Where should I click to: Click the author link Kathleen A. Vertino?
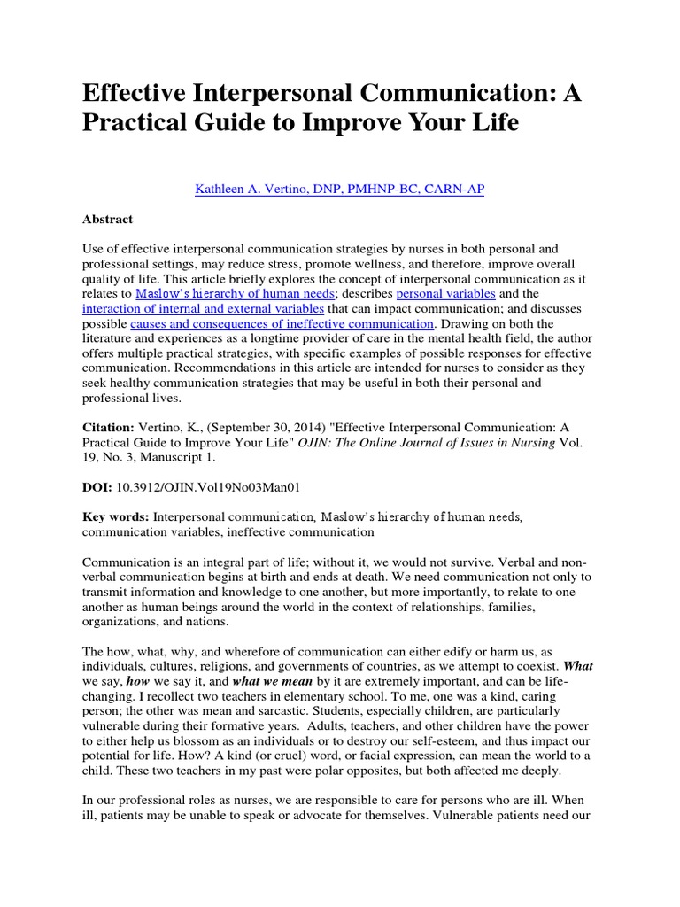(339, 190)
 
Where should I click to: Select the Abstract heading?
(107, 220)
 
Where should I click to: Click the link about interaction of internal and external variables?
(204, 308)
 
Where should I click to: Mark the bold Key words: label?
(116, 517)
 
